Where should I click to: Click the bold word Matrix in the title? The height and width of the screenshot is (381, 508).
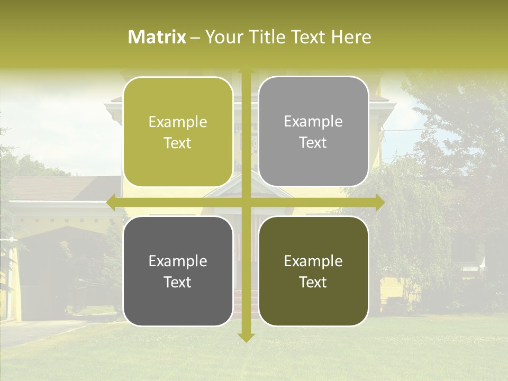point(157,37)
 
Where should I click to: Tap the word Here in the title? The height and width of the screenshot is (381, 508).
point(351,37)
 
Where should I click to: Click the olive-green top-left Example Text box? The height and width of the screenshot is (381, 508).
point(178,132)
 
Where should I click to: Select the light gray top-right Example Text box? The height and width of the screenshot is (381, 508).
point(313,132)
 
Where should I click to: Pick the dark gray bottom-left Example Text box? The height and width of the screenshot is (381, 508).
point(178,271)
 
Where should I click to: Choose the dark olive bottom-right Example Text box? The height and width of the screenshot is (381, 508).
point(313,271)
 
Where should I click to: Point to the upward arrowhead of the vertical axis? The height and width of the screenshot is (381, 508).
point(246,71)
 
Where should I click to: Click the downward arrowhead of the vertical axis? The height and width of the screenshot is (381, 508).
point(246,337)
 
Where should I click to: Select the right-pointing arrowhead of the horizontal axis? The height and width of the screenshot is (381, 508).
point(379,202)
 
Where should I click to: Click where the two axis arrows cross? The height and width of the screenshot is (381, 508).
point(246,202)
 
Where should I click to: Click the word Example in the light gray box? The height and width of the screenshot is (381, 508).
point(313,121)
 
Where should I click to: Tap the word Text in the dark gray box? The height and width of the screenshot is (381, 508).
point(178,282)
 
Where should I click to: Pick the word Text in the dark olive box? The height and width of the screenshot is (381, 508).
point(313,282)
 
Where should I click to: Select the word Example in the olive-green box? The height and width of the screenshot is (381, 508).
point(178,122)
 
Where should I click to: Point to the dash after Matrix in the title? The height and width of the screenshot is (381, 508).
point(195,38)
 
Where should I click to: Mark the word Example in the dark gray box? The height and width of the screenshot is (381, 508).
point(178,261)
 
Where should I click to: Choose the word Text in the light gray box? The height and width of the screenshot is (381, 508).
point(313,143)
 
